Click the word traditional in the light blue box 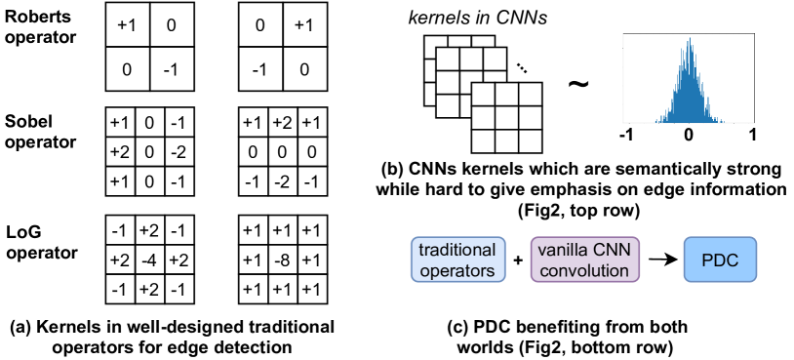457,250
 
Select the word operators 457,270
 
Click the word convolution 584,270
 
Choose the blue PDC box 720,260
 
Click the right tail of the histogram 724,120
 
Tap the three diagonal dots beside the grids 521,67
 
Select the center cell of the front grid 506,117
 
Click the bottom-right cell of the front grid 530,140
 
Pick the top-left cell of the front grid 483,95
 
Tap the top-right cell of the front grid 530,95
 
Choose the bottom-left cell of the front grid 483,140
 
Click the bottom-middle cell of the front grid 506,140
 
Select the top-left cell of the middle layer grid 447,60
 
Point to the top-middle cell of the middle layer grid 471,60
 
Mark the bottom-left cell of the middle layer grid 447,105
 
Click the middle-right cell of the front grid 530,117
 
